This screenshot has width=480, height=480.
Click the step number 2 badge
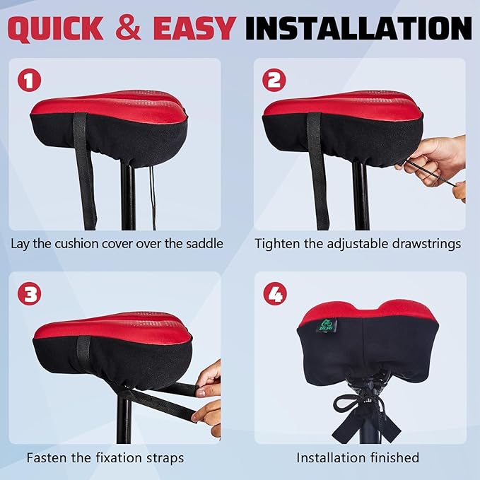click(x=274, y=81)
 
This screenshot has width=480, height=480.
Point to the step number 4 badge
click(x=274, y=294)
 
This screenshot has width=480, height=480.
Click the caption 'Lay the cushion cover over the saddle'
click(x=117, y=244)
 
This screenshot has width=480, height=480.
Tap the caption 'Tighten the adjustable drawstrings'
click(x=358, y=244)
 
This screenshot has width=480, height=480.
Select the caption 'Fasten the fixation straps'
click(x=105, y=458)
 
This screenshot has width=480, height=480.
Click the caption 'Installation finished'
click(x=358, y=458)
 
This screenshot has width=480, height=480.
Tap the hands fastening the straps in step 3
click(x=208, y=396)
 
